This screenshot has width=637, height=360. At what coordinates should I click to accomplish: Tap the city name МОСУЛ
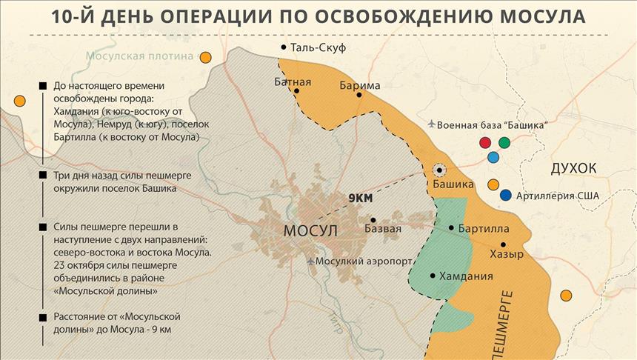click(x=310, y=231)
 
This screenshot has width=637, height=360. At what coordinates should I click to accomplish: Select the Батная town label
click(x=293, y=81)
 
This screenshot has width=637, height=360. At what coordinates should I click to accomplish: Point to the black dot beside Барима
click(x=358, y=95)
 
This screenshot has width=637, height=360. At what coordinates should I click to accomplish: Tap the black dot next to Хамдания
click(x=433, y=276)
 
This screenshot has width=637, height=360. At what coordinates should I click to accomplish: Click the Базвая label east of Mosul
click(x=383, y=229)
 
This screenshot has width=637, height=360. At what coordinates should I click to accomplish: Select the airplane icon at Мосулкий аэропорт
click(x=310, y=261)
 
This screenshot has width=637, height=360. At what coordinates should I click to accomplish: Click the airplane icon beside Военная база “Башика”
click(x=430, y=124)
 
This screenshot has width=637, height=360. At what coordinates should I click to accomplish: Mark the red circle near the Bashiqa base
click(x=485, y=141)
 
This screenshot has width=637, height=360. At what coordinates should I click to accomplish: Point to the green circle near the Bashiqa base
click(x=504, y=141)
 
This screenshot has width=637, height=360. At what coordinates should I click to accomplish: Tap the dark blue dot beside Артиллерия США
click(x=506, y=196)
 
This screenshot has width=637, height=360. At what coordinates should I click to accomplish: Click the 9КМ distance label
click(x=360, y=199)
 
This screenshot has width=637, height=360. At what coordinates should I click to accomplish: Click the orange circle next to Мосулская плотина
click(x=206, y=57)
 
